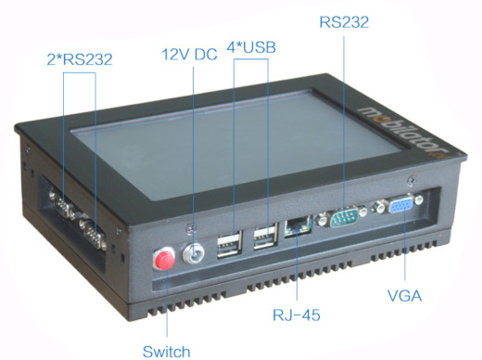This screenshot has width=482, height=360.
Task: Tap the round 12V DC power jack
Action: pyautogui.click(x=195, y=253)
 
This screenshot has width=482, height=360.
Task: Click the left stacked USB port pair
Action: pyautogui.click(x=228, y=246)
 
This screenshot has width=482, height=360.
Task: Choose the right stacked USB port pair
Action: pyautogui.click(x=265, y=238)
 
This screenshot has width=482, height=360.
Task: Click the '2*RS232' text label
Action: pyautogui.click(x=80, y=59)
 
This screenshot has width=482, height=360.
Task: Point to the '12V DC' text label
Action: pyautogui.click(x=189, y=55)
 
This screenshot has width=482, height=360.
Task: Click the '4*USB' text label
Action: pyautogui.click(x=250, y=46)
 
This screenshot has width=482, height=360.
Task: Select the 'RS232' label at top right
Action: pyautogui.click(x=343, y=20)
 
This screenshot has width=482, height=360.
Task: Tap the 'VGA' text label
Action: pyautogui.click(x=405, y=297)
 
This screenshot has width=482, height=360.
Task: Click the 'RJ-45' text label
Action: pyautogui.click(x=298, y=315)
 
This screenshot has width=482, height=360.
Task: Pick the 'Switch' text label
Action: pyautogui.click(x=167, y=351)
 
